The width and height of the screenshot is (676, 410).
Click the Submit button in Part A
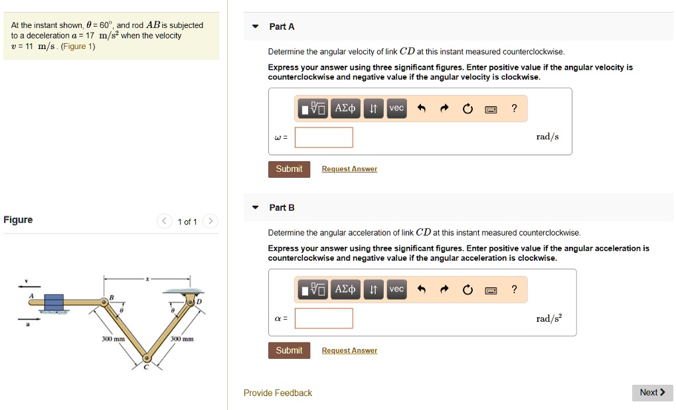(x=289, y=169)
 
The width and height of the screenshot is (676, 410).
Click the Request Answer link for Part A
(x=349, y=169)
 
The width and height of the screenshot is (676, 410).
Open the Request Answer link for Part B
(x=349, y=351)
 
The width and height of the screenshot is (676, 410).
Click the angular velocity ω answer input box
(x=324, y=137)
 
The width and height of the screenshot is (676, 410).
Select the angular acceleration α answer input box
(x=324, y=318)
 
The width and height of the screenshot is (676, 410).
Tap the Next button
(x=652, y=393)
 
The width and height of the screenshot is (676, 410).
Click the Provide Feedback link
(x=278, y=393)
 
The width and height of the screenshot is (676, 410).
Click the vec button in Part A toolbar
(x=396, y=108)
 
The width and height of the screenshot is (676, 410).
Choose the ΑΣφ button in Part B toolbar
(x=345, y=289)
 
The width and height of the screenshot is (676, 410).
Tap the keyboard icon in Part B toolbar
(x=491, y=290)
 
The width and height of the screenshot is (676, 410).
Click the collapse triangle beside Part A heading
(x=255, y=27)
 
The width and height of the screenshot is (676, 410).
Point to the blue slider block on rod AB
(x=54, y=303)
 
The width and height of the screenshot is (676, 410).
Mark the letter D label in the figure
(x=198, y=302)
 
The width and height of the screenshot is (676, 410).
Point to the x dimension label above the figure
(x=147, y=278)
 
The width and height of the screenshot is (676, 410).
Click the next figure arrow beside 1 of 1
(x=210, y=222)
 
